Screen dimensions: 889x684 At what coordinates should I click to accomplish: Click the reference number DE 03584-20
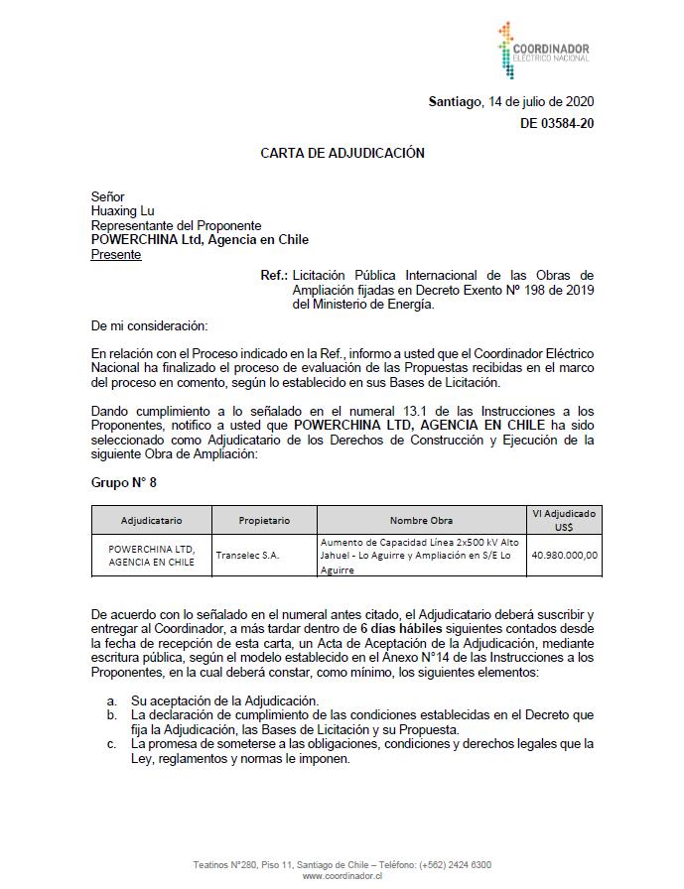point(557,123)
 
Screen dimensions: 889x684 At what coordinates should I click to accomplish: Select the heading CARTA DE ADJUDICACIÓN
point(342,153)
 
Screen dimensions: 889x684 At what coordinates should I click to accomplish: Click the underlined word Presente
point(116,254)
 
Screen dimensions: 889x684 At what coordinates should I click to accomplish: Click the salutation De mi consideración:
point(149,325)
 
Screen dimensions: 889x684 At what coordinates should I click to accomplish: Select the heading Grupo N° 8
point(124,482)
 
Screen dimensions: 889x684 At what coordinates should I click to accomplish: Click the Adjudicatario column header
point(152,520)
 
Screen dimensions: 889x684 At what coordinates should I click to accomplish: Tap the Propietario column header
point(264,520)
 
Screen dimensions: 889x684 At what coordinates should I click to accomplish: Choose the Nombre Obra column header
point(421,520)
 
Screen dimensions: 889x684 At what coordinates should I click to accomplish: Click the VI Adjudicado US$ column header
point(564,520)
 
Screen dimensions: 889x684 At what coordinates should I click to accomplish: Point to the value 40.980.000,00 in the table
point(564,556)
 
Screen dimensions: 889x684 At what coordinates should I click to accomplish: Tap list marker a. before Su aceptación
point(112,700)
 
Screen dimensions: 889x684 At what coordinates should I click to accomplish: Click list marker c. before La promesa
point(112,743)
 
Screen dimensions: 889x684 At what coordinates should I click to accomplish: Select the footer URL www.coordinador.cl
point(342,876)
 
